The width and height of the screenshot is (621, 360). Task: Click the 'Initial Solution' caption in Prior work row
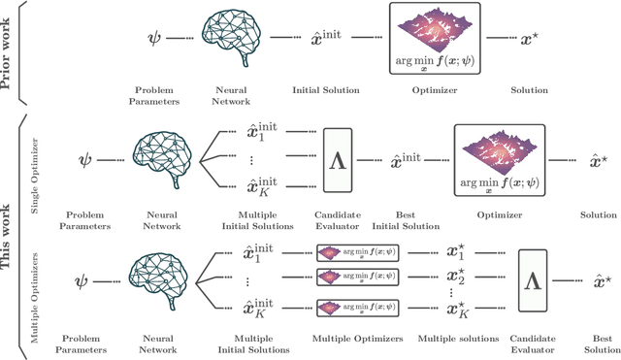pyautogui.click(x=326, y=90)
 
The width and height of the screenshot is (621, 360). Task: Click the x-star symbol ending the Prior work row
pyautogui.click(x=526, y=44)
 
